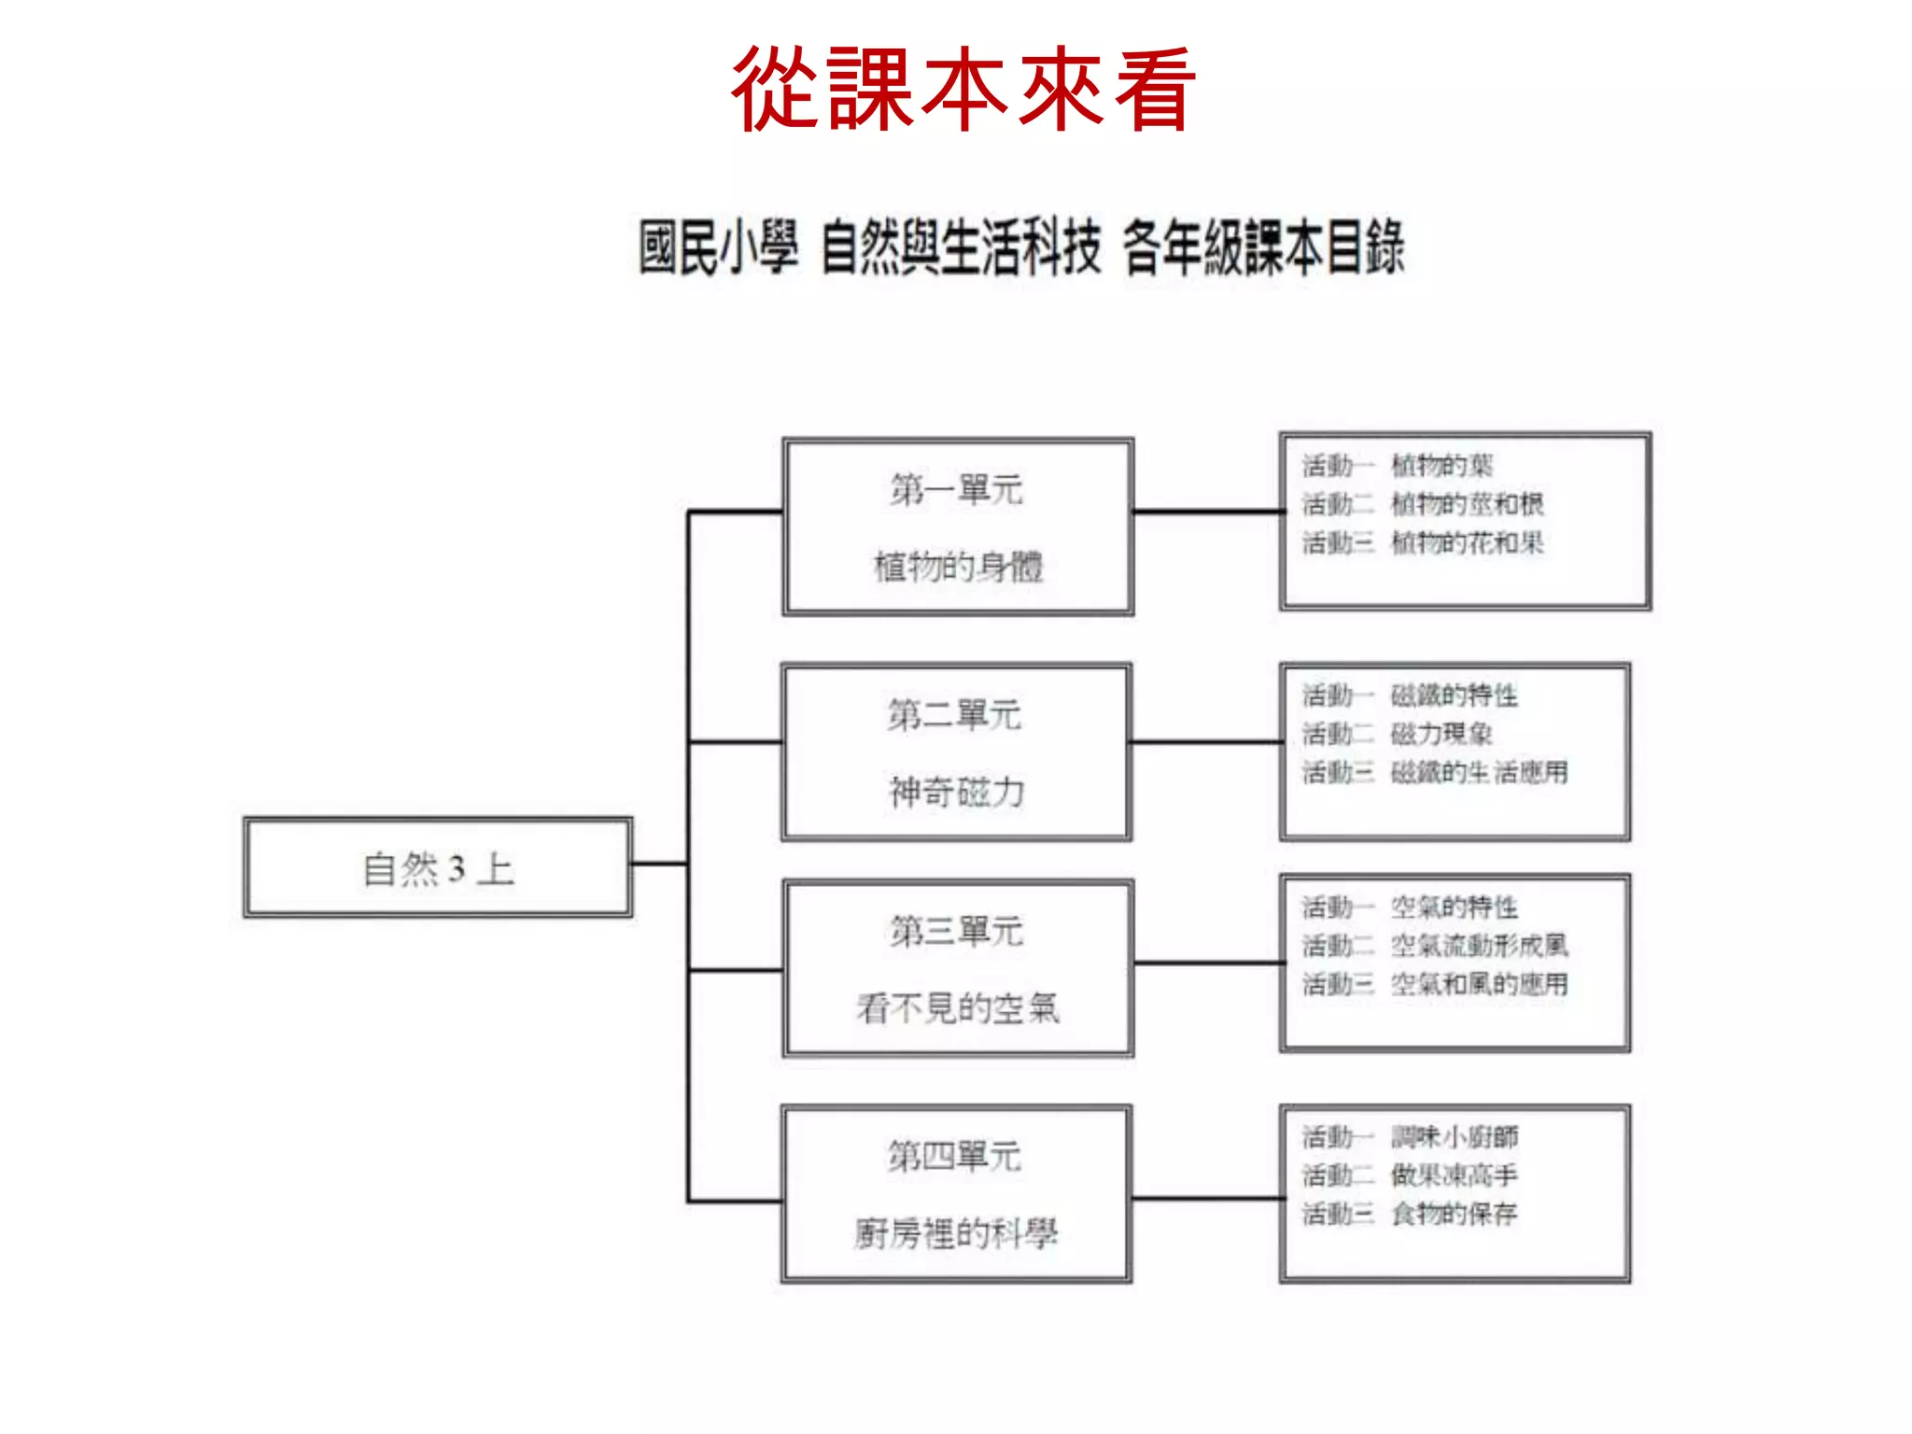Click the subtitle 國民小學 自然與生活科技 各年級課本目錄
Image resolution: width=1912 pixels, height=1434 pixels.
pyautogui.click(x=1020, y=248)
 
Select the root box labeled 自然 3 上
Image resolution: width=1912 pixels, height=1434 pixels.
pyautogui.click(x=438, y=868)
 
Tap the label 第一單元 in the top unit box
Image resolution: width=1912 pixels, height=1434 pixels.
pyautogui.click(x=956, y=489)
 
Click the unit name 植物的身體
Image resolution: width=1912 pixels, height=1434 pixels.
pyautogui.click(x=958, y=566)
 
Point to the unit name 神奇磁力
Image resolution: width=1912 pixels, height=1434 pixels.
pyautogui.click(x=956, y=793)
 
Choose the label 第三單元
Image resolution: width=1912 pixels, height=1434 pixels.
pyautogui.click(x=956, y=931)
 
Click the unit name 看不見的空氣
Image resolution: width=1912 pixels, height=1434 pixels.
pyautogui.click(x=958, y=1008)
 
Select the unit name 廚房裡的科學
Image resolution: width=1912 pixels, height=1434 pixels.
pyautogui.click(x=956, y=1234)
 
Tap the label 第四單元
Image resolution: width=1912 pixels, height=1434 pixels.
pyautogui.click(x=954, y=1157)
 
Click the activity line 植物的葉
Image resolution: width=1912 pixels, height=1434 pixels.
pyautogui.click(x=1441, y=465)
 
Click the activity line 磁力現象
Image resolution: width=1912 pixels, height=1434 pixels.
pyautogui.click(x=1441, y=734)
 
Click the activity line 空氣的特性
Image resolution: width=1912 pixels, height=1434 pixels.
pyautogui.click(x=1454, y=907)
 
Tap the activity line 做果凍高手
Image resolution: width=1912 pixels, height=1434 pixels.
pyautogui.click(x=1454, y=1175)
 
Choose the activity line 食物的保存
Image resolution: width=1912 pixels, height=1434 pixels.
pyautogui.click(x=1454, y=1214)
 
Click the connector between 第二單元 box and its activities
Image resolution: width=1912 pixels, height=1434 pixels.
pyautogui.click(x=1206, y=742)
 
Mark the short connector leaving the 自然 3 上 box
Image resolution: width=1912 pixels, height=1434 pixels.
pyautogui.click(x=659, y=864)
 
